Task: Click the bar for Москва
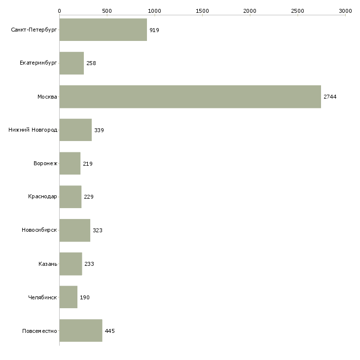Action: click(x=190, y=97)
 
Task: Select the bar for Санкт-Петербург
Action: click(x=103, y=30)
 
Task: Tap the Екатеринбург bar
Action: click(x=72, y=63)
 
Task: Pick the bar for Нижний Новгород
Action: click(x=75, y=130)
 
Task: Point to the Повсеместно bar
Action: click(x=80, y=330)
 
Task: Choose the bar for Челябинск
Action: click(x=68, y=297)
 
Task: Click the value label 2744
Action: click(x=330, y=97)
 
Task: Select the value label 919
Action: click(x=154, y=30)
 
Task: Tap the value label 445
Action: click(x=109, y=331)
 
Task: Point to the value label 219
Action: click(x=88, y=164)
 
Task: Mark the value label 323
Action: click(x=98, y=230)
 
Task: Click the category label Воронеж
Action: click(x=45, y=163)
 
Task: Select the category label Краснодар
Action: click(x=42, y=197)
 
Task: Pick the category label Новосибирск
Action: click(x=39, y=230)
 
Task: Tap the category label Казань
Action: click(x=48, y=264)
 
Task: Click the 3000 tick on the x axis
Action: click(x=345, y=10)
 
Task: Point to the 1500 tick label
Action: click(x=202, y=10)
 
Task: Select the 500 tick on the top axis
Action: click(x=107, y=10)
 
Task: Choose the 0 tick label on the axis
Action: click(x=59, y=10)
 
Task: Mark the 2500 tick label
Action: click(x=297, y=10)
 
